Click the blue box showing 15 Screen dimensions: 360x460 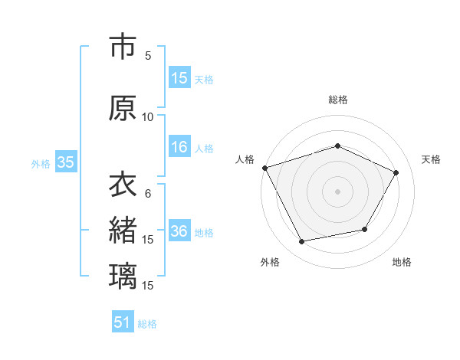tap(179, 78)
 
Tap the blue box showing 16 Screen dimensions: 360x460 tap(179, 148)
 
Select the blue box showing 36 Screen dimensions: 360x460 tap(179, 232)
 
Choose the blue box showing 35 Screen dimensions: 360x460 tap(65, 162)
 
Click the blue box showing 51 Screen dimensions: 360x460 tap(123, 323)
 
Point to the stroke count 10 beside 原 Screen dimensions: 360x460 tap(147, 116)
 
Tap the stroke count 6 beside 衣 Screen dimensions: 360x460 tap(148, 193)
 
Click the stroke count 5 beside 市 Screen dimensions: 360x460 tap(148, 55)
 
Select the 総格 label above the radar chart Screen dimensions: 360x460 tap(337, 100)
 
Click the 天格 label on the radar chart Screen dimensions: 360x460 tap(431, 159)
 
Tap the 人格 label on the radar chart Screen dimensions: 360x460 tap(245, 159)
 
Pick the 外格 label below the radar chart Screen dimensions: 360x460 tap(270, 262)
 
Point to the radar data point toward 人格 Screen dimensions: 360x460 tap(265, 168)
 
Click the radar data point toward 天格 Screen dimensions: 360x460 tap(396, 172)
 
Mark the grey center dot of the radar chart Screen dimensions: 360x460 tap(337, 191)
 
